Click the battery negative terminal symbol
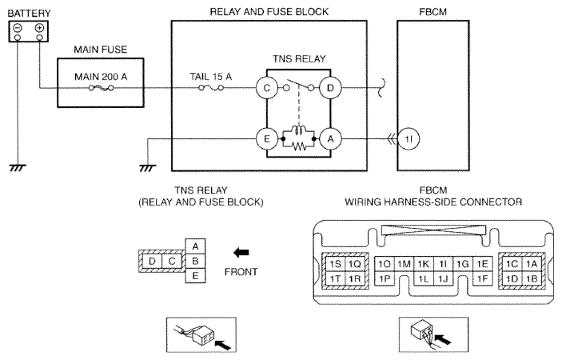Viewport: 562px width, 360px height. tap(18, 28)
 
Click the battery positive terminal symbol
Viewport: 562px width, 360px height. tap(39, 28)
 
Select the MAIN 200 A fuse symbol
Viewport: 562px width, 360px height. tap(101, 88)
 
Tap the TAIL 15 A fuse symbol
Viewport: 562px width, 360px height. tap(211, 88)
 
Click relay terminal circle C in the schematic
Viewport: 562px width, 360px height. tap(267, 88)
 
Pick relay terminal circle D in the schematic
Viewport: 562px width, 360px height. tap(330, 88)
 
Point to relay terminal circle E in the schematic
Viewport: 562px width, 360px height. tap(267, 138)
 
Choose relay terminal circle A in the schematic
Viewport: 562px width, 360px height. tap(330, 138)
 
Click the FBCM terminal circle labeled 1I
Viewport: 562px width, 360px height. tap(409, 138)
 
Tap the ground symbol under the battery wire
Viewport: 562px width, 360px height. tap(18, 168)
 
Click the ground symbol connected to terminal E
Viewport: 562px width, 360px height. tap(148, 168)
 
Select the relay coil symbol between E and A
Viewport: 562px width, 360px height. tap(298, 130)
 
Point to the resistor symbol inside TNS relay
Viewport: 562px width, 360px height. tap(298, 146)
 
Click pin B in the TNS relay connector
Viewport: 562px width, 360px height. tap(195, 261)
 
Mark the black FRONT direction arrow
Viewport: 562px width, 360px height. tap(241, 253)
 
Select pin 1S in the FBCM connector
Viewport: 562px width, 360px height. tap(336, 264)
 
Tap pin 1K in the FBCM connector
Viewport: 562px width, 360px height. tap(424, 264)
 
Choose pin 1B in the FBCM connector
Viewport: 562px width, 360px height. tap(532, 278)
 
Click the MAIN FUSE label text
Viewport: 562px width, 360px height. tap(101, 50)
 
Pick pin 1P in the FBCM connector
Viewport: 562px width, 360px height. tap(385, 278)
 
